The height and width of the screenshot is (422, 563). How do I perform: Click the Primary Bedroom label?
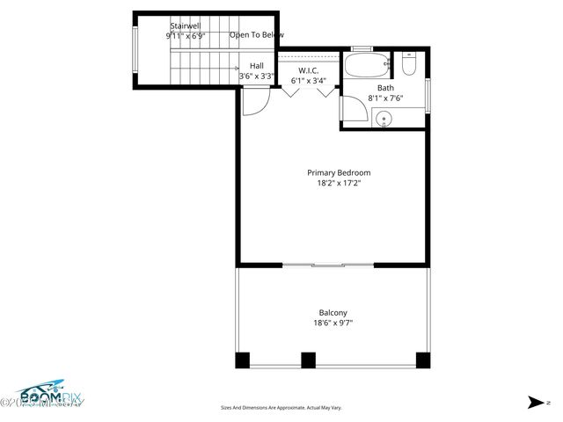pos(338,172)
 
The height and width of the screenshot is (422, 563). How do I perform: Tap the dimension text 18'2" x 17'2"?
pos(338,183)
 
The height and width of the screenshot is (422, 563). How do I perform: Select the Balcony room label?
pos(333,312)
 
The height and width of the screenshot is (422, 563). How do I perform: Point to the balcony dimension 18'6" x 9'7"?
pos(333,323)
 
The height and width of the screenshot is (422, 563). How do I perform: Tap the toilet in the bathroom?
pos(409,65)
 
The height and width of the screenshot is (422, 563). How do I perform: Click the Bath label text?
pos(385,88)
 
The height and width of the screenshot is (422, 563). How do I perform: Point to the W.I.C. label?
pos(307,70)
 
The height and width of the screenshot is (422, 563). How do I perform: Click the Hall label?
pos(256,66)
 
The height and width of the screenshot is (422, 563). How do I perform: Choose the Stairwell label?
pos(186,27)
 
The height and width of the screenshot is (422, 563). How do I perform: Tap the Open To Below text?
pos(257,35)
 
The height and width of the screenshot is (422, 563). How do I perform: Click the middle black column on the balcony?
pos(308,360)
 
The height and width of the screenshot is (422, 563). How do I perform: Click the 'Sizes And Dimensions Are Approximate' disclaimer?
pos(281,407)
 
